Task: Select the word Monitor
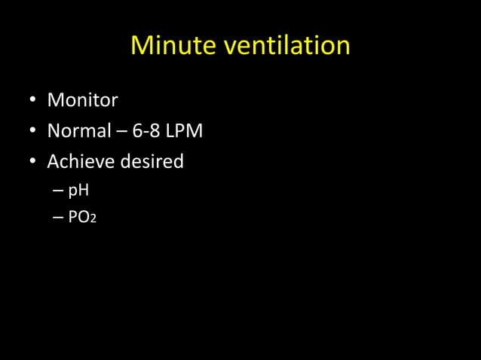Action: [x=82, y=99]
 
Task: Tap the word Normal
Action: [x=79, y=131]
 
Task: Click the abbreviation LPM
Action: [x=185, y=131]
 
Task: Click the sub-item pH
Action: [x=78, y=191]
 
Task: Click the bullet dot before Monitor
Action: [x=33, y=100]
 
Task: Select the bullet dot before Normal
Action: [x=33, y=132]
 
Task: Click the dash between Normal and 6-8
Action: [x=121, y=132]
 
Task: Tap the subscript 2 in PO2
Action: [x=93, y=221]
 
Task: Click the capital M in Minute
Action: [x=142, y=46]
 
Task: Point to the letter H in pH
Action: [x=83, y=191]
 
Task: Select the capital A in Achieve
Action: [x=54, y=162]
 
